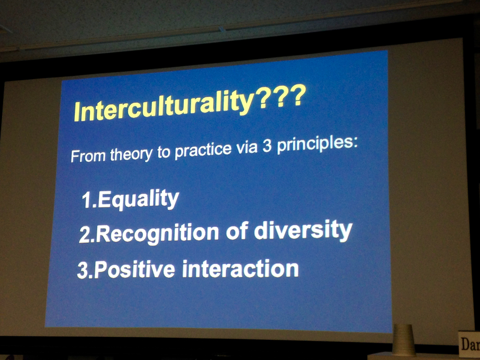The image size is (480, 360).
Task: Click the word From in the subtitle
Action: (88, 156)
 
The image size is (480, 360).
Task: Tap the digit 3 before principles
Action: (267, 146)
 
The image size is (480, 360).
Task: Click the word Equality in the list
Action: (138, 199)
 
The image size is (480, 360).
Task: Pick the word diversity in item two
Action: (303, 230)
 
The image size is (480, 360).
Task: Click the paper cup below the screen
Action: (404, 340)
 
